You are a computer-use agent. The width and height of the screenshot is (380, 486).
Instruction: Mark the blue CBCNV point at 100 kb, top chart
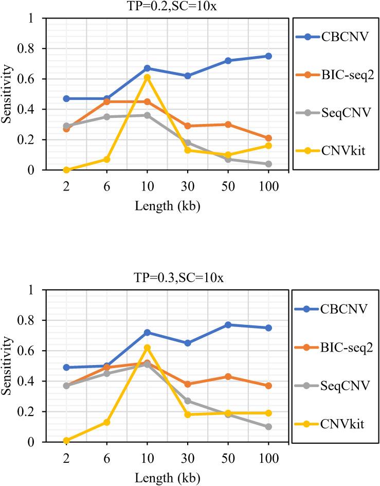tap(268, 56)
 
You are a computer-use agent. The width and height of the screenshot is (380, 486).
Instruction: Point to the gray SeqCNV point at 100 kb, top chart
tap(268, 164)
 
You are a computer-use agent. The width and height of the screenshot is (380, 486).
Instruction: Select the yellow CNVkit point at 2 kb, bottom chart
tap(66, 441)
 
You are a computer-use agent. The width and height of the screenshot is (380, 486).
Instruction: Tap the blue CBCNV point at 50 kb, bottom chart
tap(228, 325)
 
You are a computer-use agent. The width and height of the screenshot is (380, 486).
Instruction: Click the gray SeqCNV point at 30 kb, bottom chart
tap(188, 401)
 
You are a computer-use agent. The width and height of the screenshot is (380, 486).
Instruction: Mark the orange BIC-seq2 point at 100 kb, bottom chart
tap(268, 386)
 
